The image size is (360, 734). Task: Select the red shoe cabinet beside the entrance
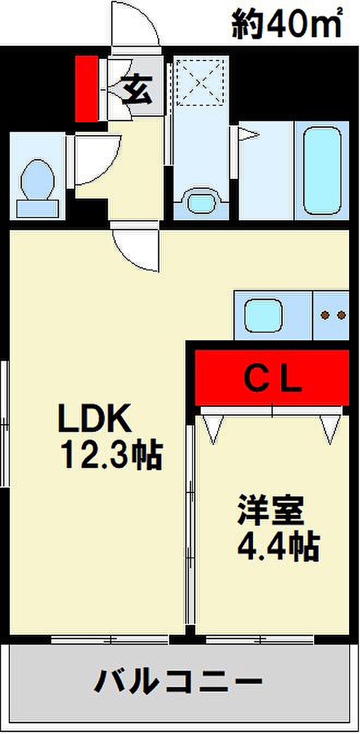(x=86, y=88)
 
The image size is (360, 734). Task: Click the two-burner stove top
(x=333, y=315)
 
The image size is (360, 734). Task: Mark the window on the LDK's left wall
(x=5, y=423)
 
